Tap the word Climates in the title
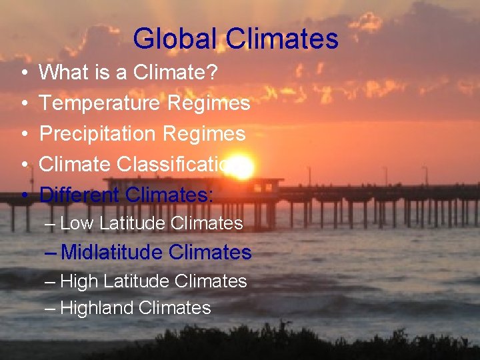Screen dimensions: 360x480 [x=282, y=39]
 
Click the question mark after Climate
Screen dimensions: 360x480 [x=212, y=72]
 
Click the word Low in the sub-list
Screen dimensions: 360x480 [x=77, y=223]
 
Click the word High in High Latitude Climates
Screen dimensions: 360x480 [x=79, y=282]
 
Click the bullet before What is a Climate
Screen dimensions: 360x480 [x=24, y=73]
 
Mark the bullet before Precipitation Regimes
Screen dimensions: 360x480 [x=24, y=134]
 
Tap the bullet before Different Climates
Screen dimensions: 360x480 [x=24, y=195]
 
